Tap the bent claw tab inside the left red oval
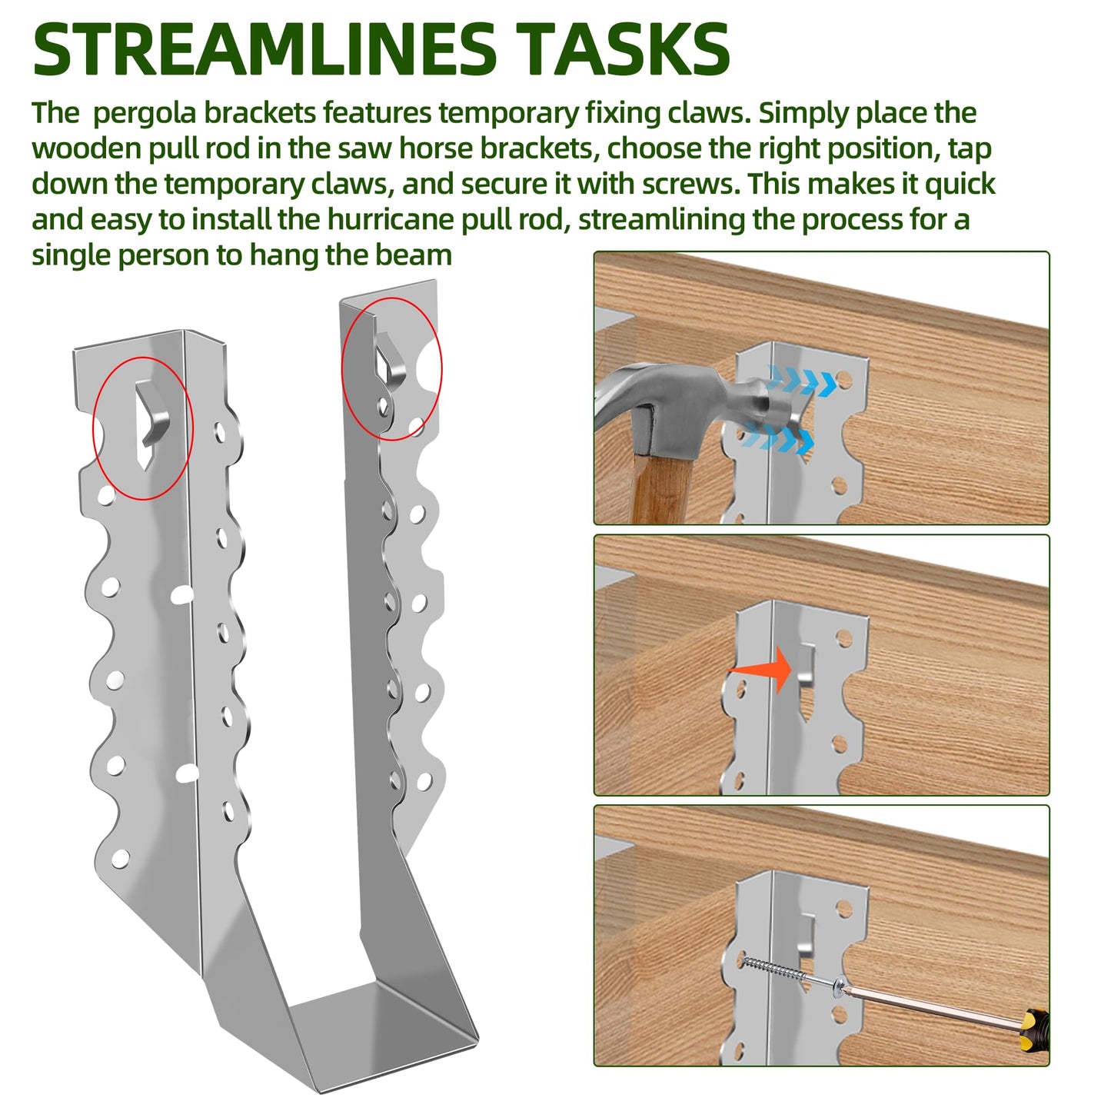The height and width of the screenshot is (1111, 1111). point(156,415)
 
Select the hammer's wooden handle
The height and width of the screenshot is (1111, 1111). point(660,484)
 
